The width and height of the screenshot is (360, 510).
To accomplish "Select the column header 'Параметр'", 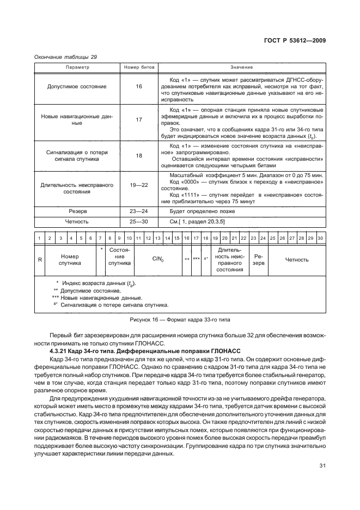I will tap(77, 67).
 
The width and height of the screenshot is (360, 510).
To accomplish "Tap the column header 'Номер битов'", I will tap(139, 67).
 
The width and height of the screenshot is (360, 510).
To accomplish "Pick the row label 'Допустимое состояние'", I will tap(77, 87).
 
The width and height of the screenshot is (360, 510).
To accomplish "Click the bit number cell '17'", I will tap(139, 119).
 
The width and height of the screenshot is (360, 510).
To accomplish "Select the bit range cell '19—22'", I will tap(139, 185).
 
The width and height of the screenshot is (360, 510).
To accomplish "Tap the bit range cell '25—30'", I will tap(139, 222).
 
